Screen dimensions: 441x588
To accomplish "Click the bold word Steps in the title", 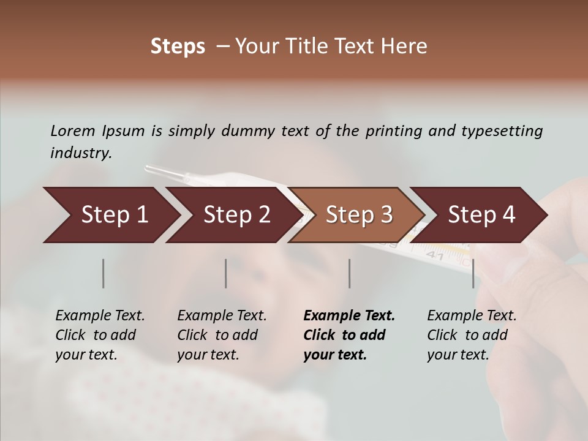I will pos(178,47).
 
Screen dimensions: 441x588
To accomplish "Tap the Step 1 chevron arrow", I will pos(110,215).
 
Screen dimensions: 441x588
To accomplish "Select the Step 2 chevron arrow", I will pos(233,215).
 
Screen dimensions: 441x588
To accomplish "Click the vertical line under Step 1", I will pos(103,273).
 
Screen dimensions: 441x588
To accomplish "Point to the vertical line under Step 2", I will pos(226,273).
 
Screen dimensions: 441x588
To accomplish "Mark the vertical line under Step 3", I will pos(349,273).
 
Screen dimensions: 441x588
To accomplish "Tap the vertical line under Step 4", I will pos(473,273).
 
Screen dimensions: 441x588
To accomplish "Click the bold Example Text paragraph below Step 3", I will pos(349,335).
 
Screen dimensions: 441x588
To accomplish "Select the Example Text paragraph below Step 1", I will pos(100,335).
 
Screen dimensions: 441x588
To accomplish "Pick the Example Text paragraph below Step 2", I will pos(222,335).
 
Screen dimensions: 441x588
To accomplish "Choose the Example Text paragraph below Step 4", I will pos(472,335).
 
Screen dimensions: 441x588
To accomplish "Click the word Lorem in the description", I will pos(73,130).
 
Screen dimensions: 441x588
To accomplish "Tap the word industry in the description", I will pos(80,153).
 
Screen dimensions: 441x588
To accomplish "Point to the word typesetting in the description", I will pos(502,131).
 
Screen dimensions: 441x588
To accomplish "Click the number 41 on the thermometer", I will pos(434,255).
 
